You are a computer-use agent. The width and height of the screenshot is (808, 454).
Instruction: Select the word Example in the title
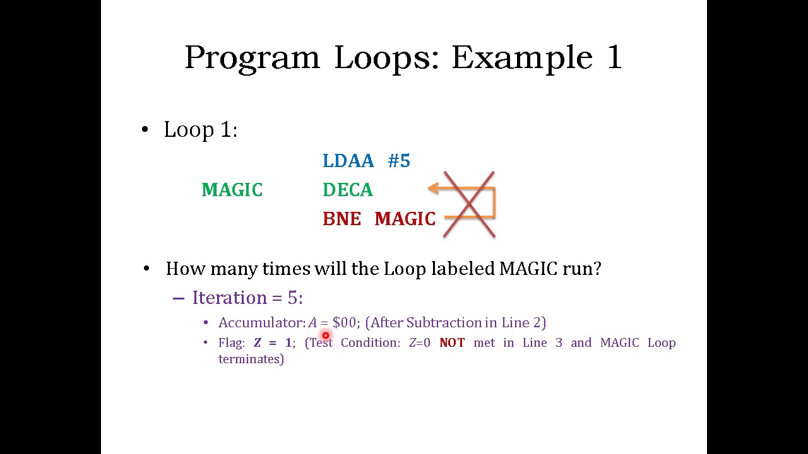521,58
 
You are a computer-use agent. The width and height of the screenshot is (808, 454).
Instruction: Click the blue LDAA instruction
348,161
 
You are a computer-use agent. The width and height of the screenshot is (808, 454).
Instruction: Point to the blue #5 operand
399,161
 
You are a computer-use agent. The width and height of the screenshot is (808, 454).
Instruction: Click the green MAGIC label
232,190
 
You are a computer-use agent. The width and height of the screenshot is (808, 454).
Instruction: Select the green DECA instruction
347,190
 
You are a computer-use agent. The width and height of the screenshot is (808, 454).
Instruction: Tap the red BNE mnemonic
342,219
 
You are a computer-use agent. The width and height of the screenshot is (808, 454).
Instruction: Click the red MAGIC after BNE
405,219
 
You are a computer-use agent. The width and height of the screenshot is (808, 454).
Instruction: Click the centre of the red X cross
469,204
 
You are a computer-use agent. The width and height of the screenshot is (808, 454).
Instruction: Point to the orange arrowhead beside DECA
433,188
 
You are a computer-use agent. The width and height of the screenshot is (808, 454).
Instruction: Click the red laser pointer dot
326,336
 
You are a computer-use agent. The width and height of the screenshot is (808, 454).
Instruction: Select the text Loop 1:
200,130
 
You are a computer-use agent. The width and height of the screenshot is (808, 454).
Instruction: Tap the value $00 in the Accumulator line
344,323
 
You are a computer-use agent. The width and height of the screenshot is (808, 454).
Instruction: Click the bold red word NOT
452,343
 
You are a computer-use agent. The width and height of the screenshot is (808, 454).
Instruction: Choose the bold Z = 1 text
273,343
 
